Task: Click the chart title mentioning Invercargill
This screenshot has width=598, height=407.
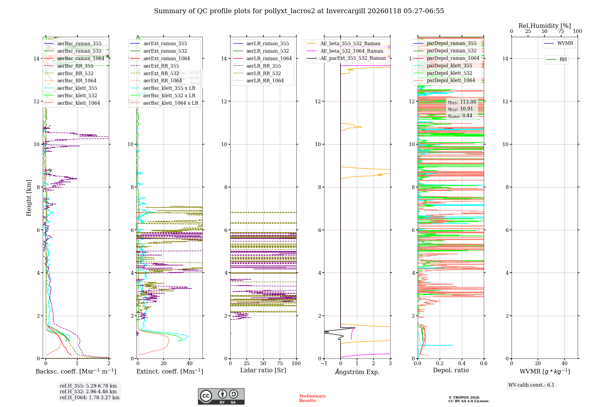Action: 299,11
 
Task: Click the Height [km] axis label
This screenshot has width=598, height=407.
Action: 29,198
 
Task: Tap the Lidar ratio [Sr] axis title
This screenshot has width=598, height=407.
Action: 263,370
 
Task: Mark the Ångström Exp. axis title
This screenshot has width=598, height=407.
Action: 357,372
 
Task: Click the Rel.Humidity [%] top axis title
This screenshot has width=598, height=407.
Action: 544,26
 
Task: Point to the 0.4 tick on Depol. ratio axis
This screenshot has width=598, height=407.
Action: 462,364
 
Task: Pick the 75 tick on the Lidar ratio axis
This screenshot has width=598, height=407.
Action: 280,364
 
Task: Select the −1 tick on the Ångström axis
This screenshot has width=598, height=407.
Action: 324,364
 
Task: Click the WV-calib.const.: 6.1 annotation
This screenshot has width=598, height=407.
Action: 531,385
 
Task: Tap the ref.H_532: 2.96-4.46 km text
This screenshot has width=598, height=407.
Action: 88,391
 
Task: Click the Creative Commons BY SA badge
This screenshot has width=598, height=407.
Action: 221,397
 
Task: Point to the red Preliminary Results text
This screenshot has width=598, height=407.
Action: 312,398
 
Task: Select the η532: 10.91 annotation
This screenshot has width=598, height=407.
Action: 460,109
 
